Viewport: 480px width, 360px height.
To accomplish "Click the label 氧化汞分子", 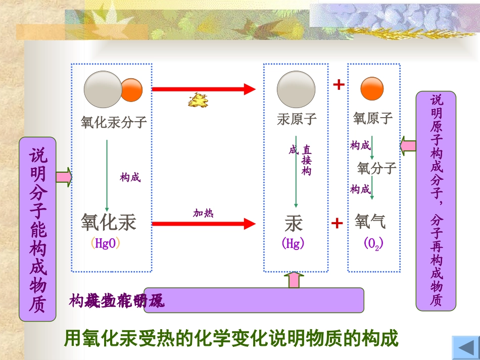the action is [x=114, y=122].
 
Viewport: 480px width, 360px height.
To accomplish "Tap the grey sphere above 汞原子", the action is [x=296, y=89].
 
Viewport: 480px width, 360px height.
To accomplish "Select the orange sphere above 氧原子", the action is [x=372, y=89].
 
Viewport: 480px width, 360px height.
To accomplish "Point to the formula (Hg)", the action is [x=293, y=243].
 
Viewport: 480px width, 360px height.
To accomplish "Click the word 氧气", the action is [x=370, y=221].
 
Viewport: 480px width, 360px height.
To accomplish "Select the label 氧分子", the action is [x=376, y=167].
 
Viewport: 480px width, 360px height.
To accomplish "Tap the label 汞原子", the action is [x=297, y=119].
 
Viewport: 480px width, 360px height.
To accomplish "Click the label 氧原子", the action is [x=373, y=118].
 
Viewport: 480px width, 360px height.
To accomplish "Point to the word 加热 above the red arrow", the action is [x=204, y=213].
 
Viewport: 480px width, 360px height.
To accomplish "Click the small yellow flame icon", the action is [x=197, y=101].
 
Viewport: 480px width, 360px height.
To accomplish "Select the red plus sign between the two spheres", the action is [x=339, y=85].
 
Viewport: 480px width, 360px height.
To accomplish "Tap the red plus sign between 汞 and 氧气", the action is [x=337, y=223].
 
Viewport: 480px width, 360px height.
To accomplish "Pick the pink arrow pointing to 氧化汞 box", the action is [x=64, y=177].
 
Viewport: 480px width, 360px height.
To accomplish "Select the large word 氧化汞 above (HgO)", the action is [x=109, y=222].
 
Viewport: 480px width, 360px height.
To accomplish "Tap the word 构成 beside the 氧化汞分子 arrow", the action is [x=130, y=177].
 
